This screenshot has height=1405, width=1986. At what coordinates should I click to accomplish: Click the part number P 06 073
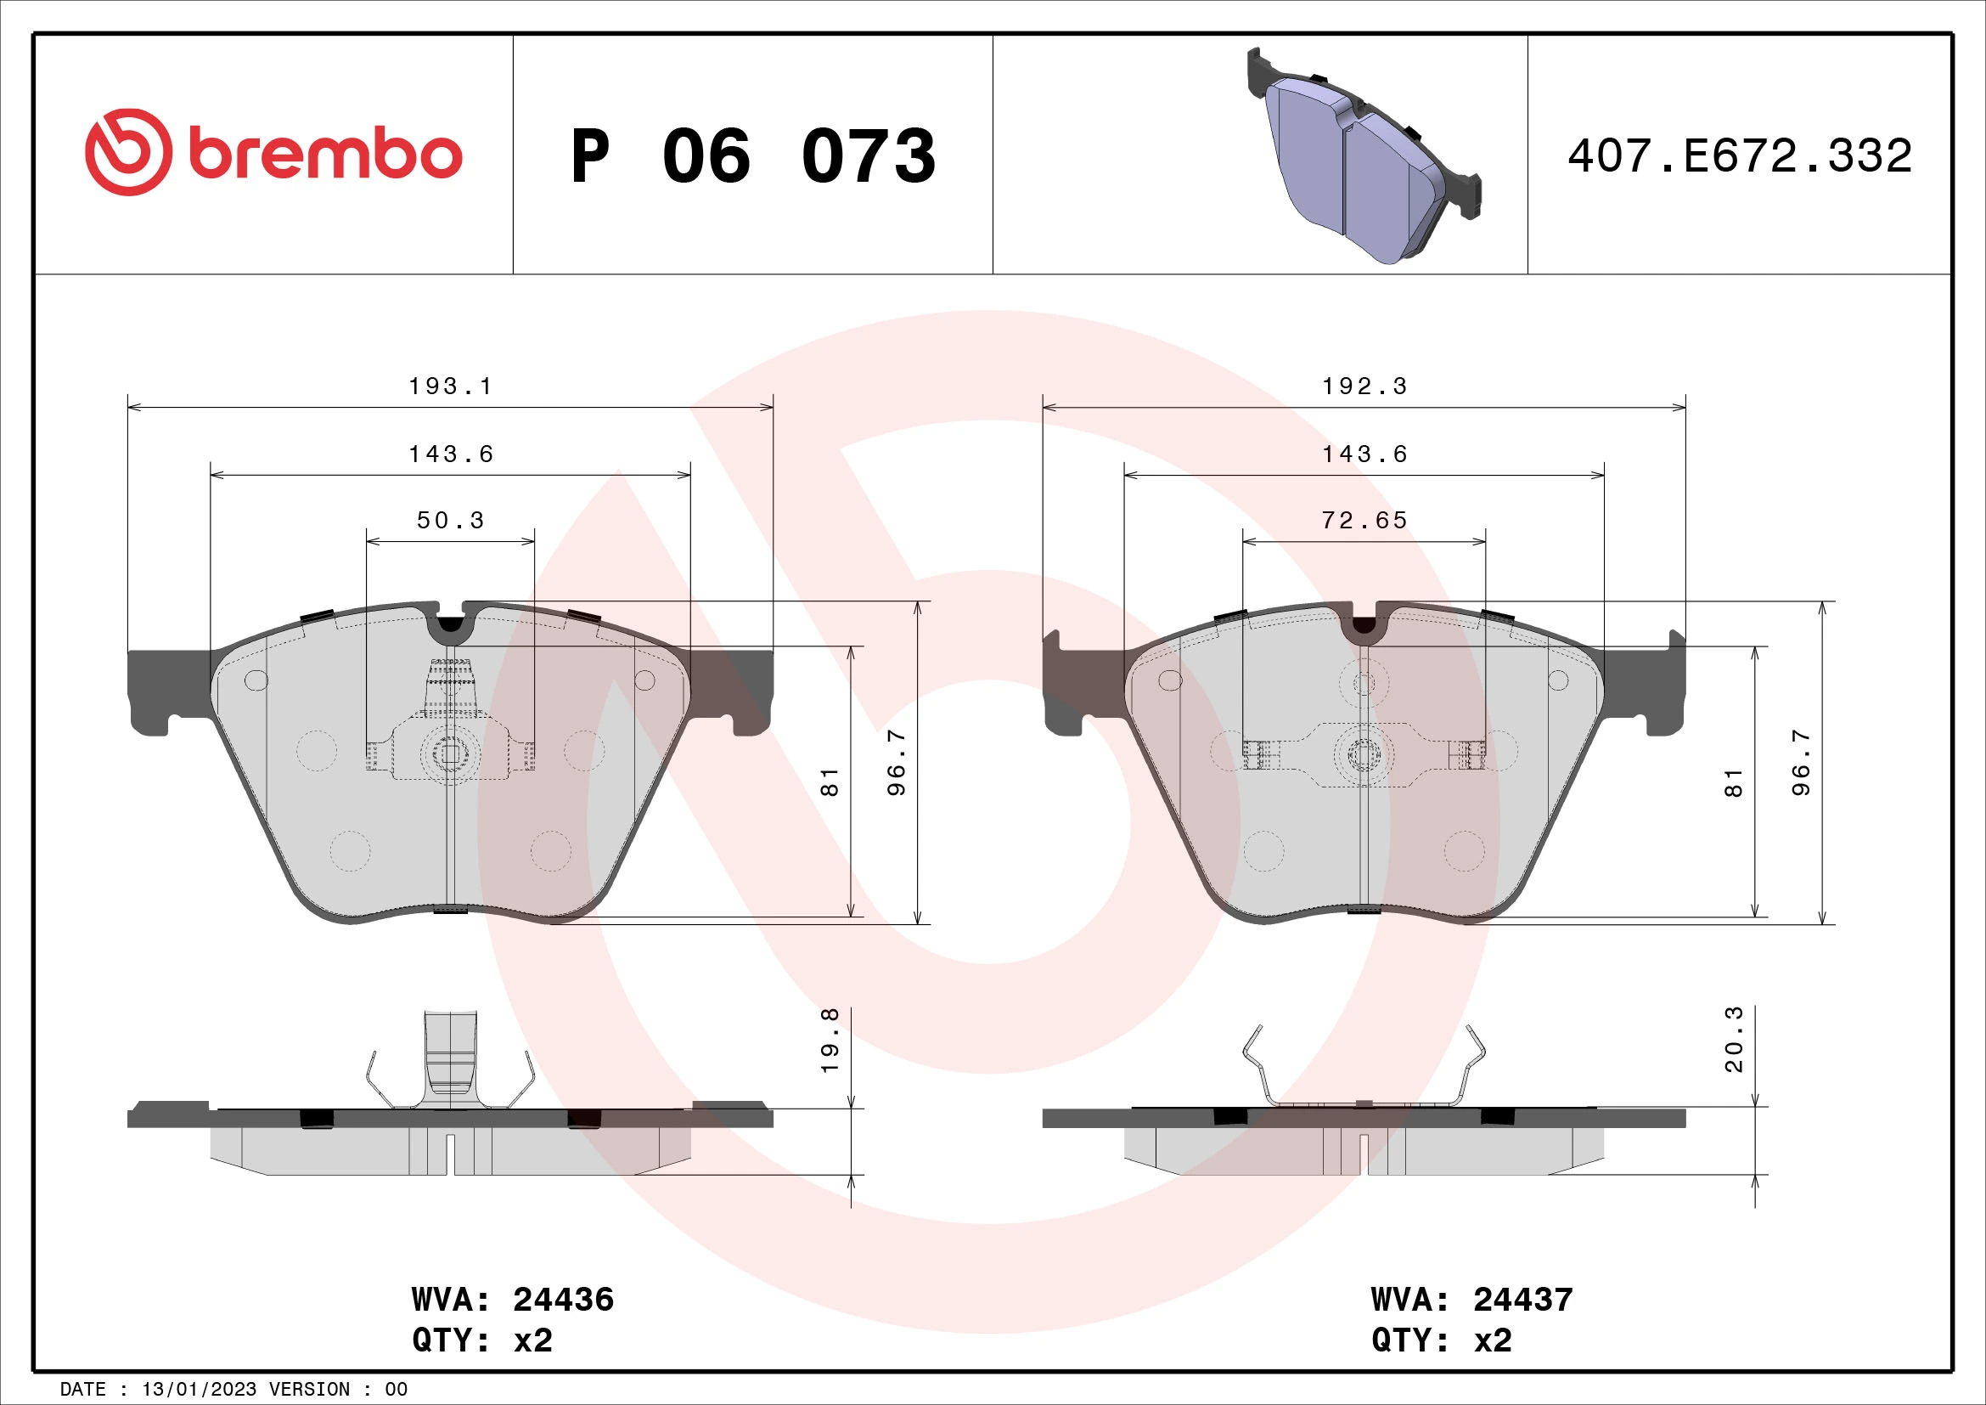[752, 156]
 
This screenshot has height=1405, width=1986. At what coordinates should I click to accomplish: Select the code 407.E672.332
[1740, 156]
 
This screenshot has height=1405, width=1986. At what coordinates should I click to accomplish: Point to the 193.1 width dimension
[450, 386]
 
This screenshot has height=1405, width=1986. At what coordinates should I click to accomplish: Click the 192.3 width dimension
[1364, 386]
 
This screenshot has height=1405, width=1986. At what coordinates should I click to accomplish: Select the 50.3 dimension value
[450, 520]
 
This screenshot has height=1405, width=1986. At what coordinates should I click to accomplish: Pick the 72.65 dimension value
[1364, 520]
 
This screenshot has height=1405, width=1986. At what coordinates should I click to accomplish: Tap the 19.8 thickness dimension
[830, 1040]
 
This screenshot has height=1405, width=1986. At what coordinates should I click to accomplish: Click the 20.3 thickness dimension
[1734, 1039]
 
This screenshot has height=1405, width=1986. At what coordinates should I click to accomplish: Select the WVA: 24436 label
[513, 1300]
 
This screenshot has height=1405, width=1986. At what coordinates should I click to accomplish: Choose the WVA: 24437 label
[1471, 1300]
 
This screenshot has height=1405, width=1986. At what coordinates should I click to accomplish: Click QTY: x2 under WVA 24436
[481, 1340]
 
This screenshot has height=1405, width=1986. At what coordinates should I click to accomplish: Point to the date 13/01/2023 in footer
[199, 1390]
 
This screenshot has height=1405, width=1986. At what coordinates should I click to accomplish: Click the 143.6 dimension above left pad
[450, 454]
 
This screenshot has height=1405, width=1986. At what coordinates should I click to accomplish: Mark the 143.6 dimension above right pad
[1364, 454]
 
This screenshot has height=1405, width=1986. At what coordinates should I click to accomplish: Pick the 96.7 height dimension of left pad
[897, 761]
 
